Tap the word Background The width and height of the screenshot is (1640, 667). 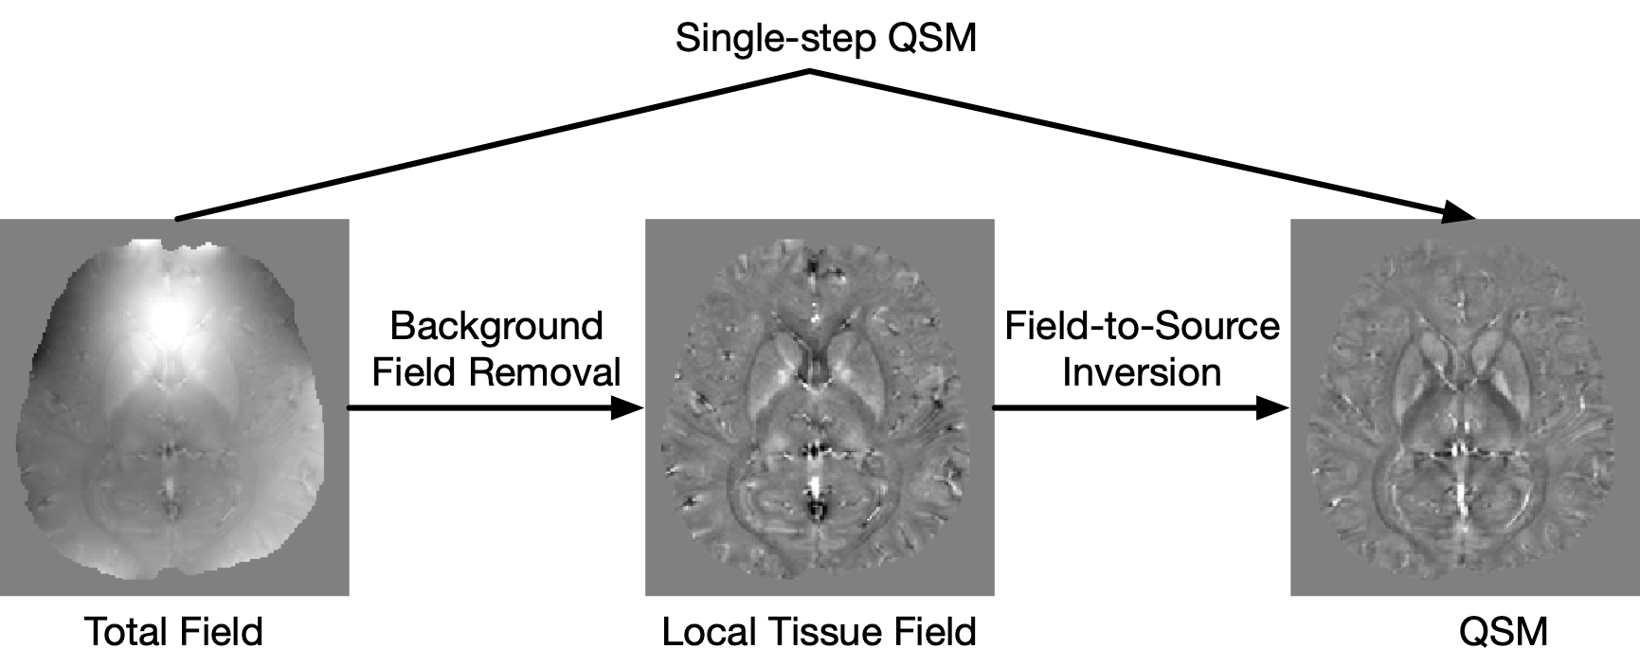tap(496, 326)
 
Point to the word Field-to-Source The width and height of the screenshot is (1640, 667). tap(1142, 326)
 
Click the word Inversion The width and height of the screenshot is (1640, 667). tap(1142, 371)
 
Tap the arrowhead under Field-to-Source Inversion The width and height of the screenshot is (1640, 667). tap(1273, 408)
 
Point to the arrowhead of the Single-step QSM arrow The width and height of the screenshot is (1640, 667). tap(1459, 214)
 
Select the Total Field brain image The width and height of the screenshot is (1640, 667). tap(174, 407)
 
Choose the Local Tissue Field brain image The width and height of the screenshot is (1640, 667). tap(820, 407)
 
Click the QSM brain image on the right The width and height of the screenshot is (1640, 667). tap(1465, 407)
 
